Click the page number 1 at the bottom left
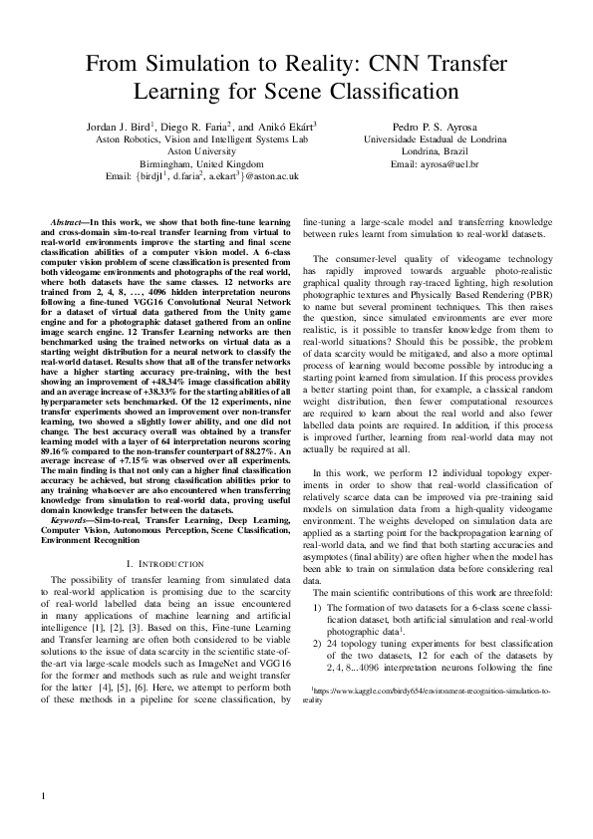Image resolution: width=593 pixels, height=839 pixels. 44,796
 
